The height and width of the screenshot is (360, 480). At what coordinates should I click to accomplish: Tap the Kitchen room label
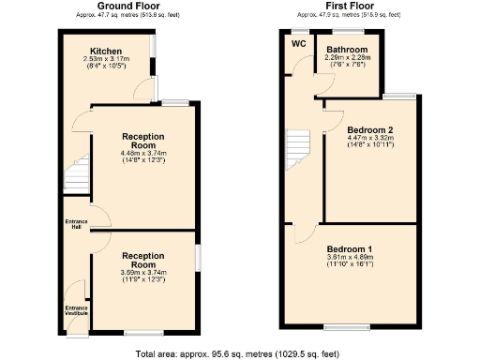click(x=106, y=51)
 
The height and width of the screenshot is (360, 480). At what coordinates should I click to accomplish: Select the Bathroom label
click(x=347, y=49)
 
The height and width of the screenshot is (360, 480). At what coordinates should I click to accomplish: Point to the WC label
click(x=299, y=43)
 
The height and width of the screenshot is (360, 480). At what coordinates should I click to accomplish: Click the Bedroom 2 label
click(x=369, y=129)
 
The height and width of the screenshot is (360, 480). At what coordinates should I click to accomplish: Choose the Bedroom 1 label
click(x=350, y=248)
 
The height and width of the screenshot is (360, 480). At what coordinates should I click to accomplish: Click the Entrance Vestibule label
click(x=75, y=309)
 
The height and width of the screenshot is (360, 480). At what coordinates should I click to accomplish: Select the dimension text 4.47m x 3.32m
click(x=369, y=139)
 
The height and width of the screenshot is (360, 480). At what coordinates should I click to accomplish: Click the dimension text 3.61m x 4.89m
click(x=350, y=258)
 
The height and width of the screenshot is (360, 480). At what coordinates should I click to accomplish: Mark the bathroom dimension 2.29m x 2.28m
click(x=347, y=57)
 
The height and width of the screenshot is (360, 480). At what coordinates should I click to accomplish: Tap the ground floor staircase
click(x=74, y=175)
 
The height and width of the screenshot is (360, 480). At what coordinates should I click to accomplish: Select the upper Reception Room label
click(x=143, y=141)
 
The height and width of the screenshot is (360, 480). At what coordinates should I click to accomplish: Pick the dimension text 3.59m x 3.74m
click(x=143, y=273)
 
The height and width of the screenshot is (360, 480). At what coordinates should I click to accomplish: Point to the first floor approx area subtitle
click(x=350, y=16)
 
